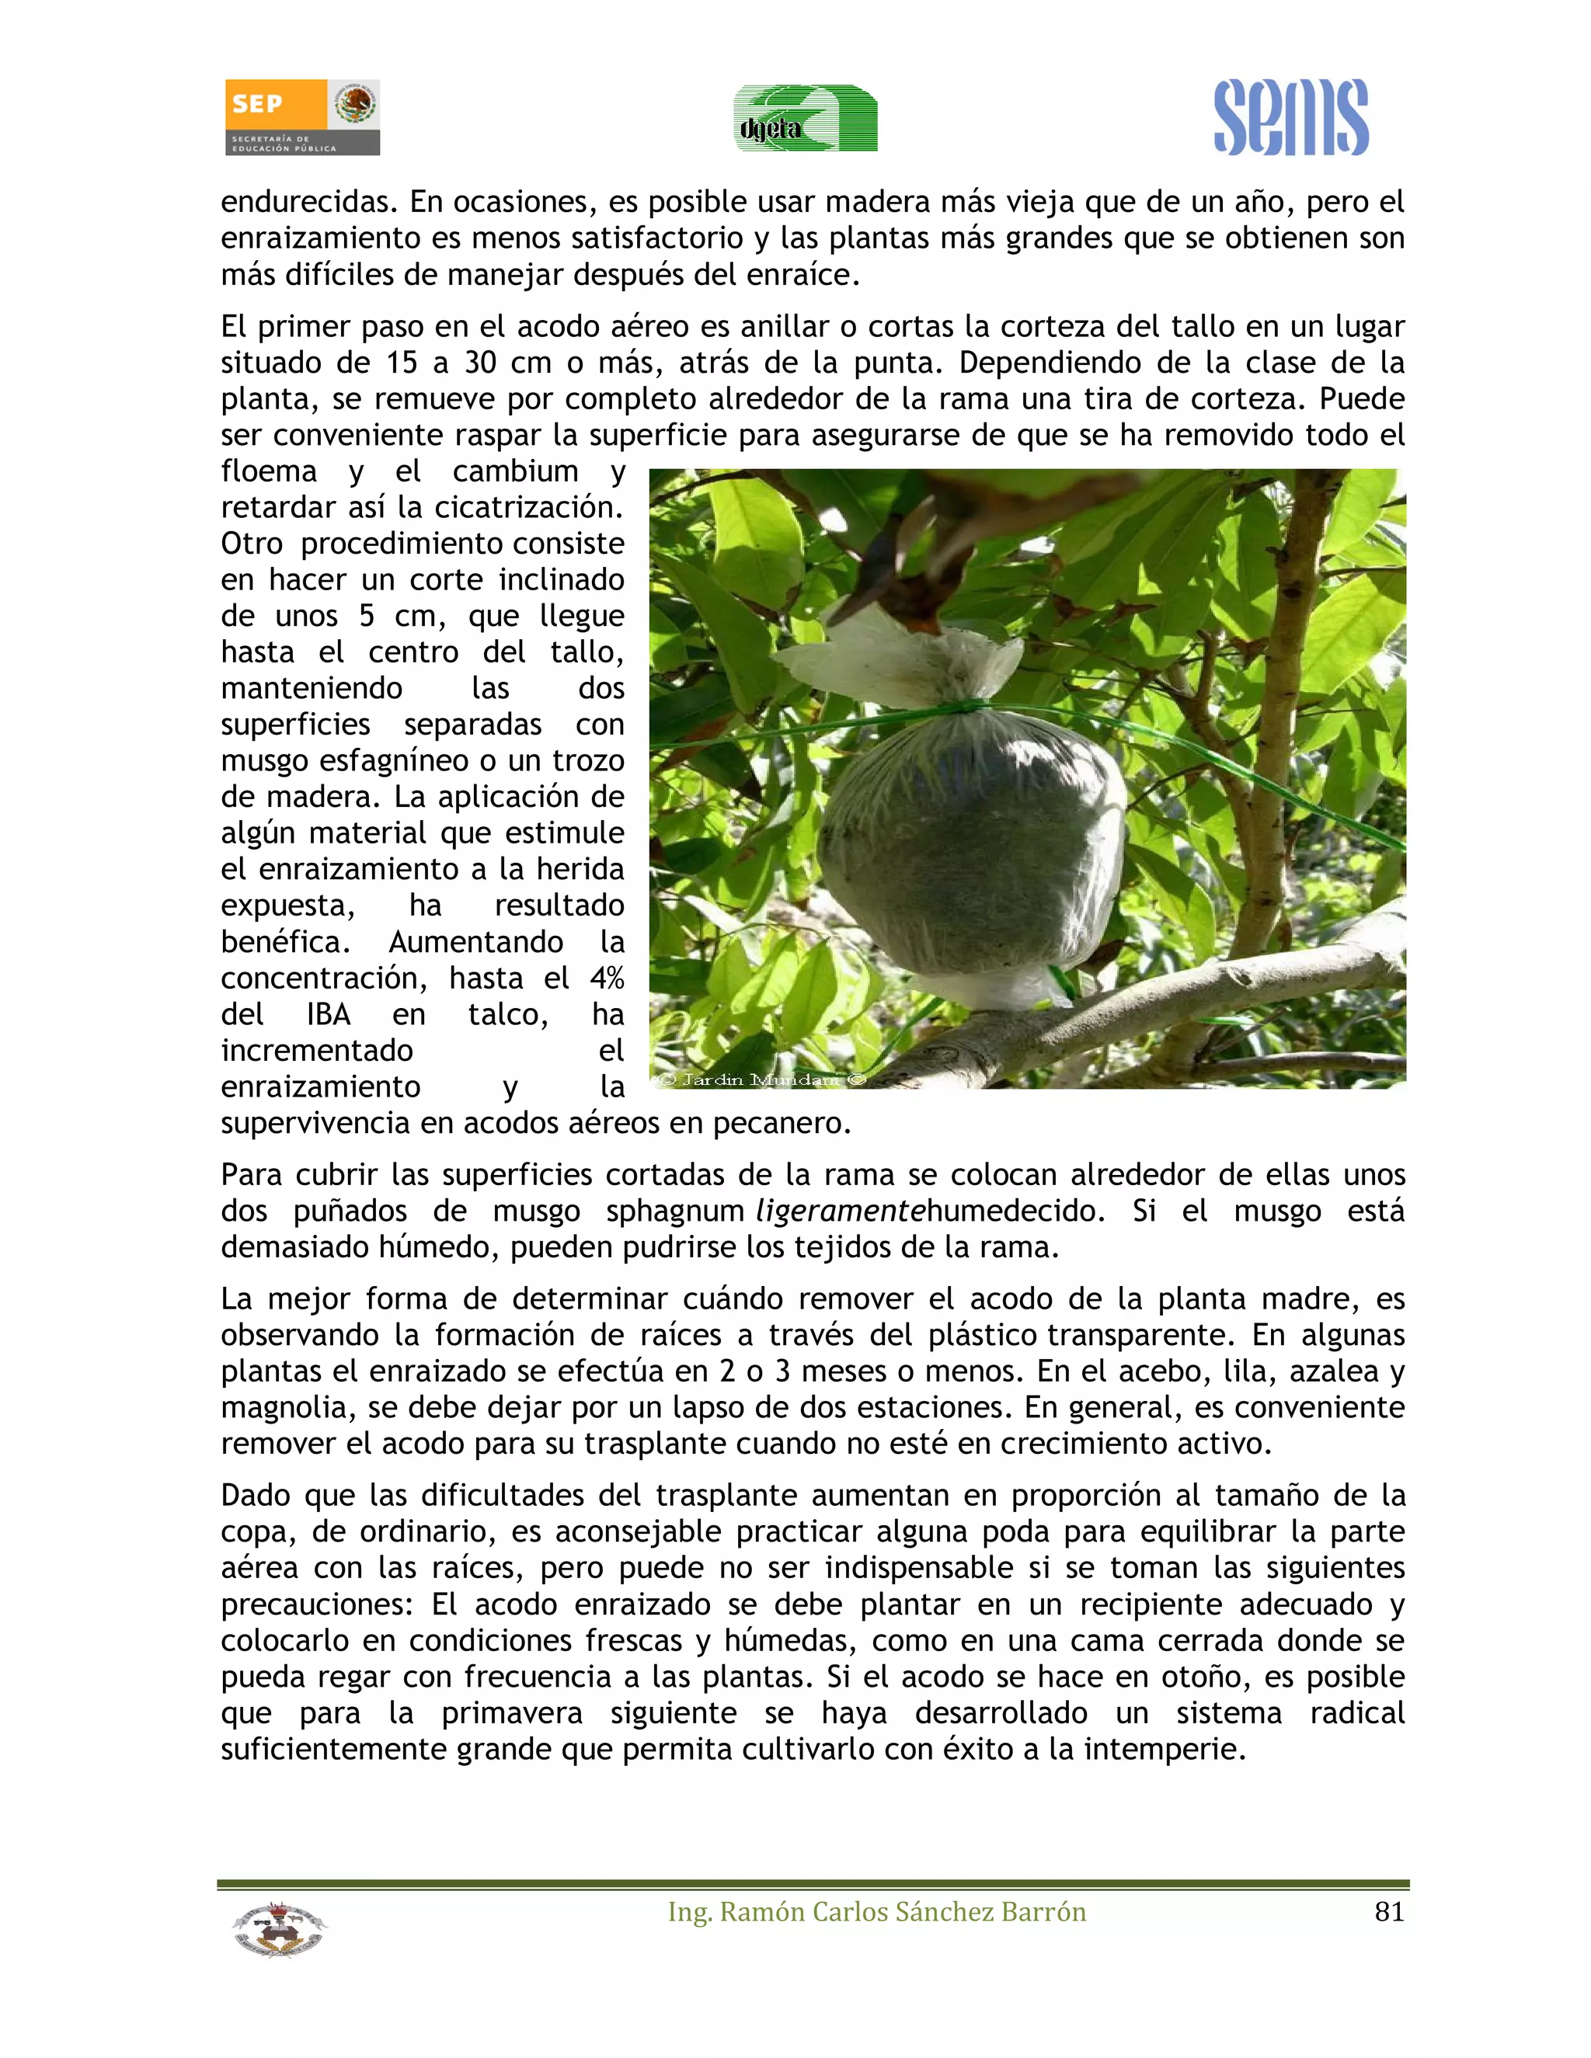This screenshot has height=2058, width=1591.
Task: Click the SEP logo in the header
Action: tap(301, 116)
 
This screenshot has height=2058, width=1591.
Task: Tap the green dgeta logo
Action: tap(806, 119)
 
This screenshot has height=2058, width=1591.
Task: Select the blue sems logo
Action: tap(1290, 118)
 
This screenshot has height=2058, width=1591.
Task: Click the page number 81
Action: tap(1389, 1912)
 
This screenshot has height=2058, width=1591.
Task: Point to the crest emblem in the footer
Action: tap(278, 1929)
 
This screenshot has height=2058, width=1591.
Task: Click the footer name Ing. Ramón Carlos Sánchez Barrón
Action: tap(876, 1912)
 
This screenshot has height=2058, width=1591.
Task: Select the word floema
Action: tap(269, 471)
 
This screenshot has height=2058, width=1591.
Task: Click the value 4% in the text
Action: tap(607, 978)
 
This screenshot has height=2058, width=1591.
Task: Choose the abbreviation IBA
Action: tap(328, 1015)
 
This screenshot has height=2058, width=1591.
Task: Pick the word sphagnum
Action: tap(675, 1211)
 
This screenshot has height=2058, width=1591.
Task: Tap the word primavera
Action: tap(512, 1713)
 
